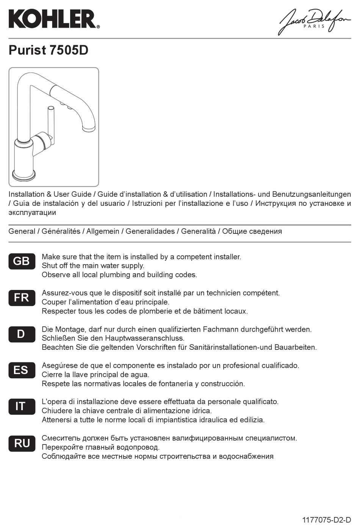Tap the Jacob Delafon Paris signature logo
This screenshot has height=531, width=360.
click(314, 22)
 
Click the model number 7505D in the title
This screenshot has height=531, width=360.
click(69, 50)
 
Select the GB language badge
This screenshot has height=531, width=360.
click(22, 261)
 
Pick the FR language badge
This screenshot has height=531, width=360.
click(22, 298)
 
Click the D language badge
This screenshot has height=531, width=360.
click(22, 334)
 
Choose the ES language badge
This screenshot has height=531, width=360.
click(22, 370)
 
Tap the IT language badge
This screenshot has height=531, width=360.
click(22, 406)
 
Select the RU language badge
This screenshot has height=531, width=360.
click(22, 443)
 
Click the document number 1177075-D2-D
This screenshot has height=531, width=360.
click(326, 520)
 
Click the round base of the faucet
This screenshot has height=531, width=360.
click(24, 175)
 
